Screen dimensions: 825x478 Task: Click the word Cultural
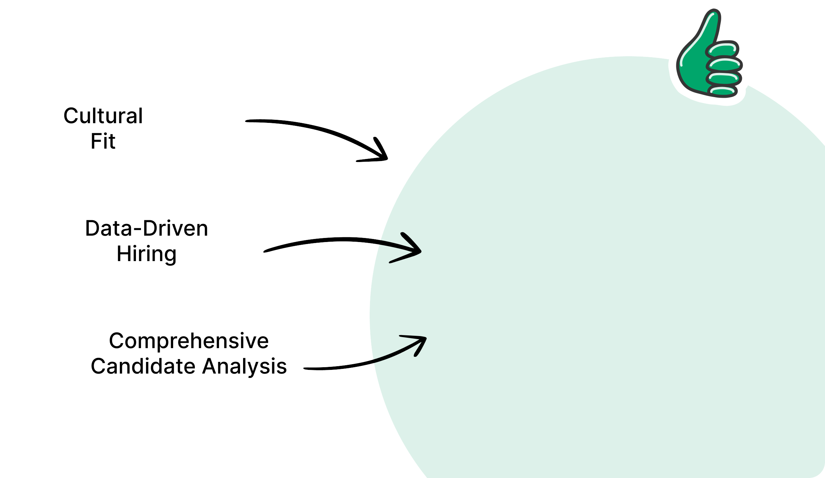tap(103, 116)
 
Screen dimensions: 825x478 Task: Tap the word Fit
tap(103, 141)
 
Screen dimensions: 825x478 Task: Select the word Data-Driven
tap(147, 228)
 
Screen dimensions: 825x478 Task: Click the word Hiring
tap(147, 254)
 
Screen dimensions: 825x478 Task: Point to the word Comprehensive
tap(189, 341)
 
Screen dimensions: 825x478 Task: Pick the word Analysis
tap(244, 367)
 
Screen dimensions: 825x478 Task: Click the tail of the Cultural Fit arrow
tap(247, 121)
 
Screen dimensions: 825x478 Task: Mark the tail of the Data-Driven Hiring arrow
tap(265, 251)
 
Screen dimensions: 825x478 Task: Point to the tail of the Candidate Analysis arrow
tap(305, 369)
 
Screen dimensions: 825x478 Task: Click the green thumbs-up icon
tap(709, 54)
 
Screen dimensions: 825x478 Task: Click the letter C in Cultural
tap(71, 116)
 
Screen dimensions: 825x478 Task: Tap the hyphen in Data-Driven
tap(137, 230)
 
